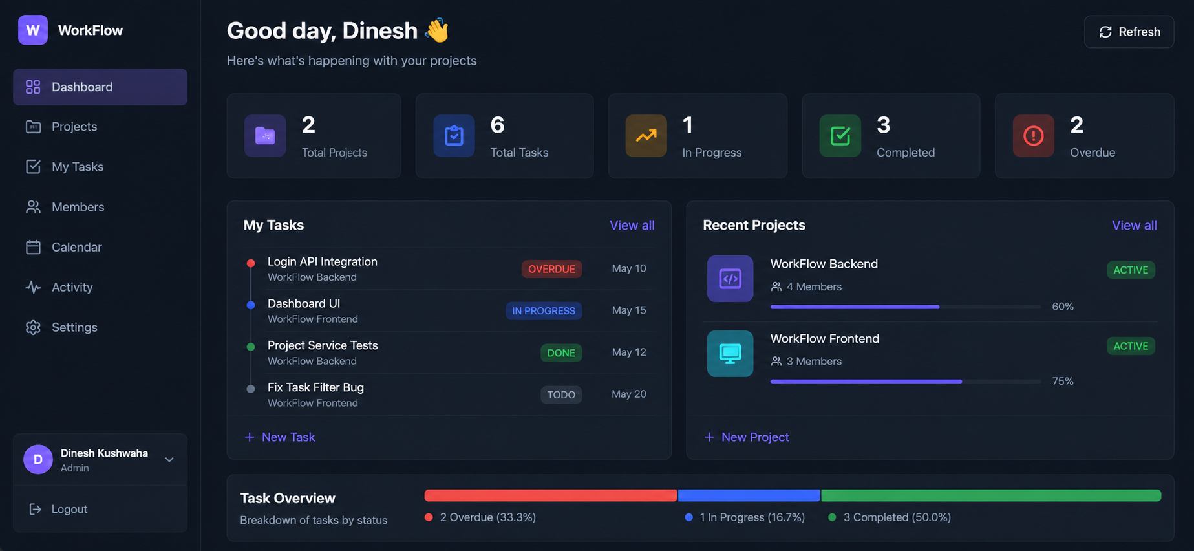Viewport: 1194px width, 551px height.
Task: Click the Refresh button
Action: coord(1129,32)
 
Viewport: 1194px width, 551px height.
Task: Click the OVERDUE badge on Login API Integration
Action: coord(551,269)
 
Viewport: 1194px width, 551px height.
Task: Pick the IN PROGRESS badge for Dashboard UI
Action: coord(544,311)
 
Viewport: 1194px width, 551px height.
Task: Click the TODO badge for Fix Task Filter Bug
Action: coord(561,394)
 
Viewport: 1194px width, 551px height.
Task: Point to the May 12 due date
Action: coord(629,352)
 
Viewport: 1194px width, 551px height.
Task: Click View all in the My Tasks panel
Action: coord(632,225)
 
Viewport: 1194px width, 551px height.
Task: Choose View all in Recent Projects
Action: coord(1134,225)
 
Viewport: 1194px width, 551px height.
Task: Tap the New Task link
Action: coord(280,437)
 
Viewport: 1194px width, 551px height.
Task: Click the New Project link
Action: coord(747,437)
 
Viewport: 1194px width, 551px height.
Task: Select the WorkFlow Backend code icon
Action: coord(730,279)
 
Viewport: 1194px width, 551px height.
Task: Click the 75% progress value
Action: coord(1063,381)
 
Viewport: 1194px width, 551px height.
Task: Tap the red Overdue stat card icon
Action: coord(1033,136)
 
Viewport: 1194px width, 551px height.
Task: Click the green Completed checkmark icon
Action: coord(840,136)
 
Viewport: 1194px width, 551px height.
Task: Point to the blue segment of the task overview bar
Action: coord(749,495)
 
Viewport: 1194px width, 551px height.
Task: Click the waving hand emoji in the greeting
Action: coord(437,30)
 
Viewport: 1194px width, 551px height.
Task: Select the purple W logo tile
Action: coord(33,30)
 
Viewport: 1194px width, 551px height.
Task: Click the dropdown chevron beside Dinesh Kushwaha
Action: coord(169,460)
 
